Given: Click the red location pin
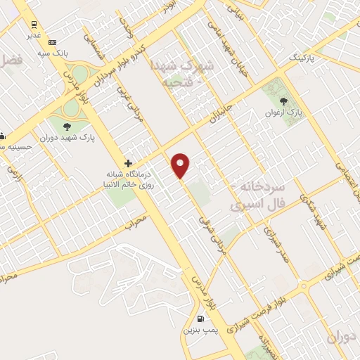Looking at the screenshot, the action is coord(181,165).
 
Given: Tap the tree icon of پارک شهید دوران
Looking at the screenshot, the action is coord(67,127).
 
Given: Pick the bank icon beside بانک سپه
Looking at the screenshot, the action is coord(51,43).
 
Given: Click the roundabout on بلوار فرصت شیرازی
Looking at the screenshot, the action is coord(304,287).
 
